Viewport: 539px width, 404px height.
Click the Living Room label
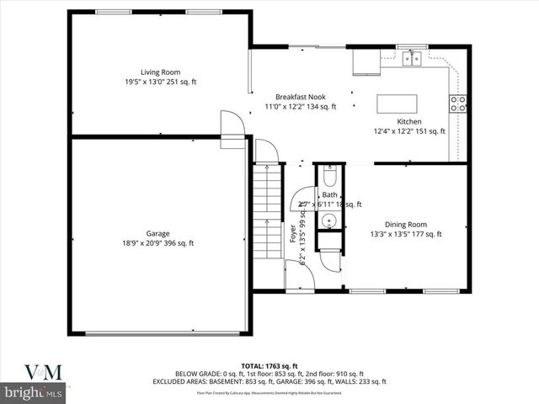pos(159,72)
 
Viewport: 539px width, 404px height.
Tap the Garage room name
pos(157,233)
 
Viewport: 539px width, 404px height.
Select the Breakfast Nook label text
pos(300,96)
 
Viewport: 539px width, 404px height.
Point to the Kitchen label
pos(409,121)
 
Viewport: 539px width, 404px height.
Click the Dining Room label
pos(405,224)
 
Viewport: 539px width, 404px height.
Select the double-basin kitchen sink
pos(411,58)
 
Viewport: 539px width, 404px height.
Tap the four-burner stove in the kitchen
pos(459,104)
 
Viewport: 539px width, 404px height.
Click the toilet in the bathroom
pos(329,178)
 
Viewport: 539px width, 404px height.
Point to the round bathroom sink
pos(328,222)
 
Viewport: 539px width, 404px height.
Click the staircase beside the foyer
pos(268,210)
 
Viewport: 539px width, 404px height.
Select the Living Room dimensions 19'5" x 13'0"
pos(159,82)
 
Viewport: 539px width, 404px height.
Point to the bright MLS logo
pos(34,392)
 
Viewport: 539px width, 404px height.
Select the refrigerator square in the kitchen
pos(365,62)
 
